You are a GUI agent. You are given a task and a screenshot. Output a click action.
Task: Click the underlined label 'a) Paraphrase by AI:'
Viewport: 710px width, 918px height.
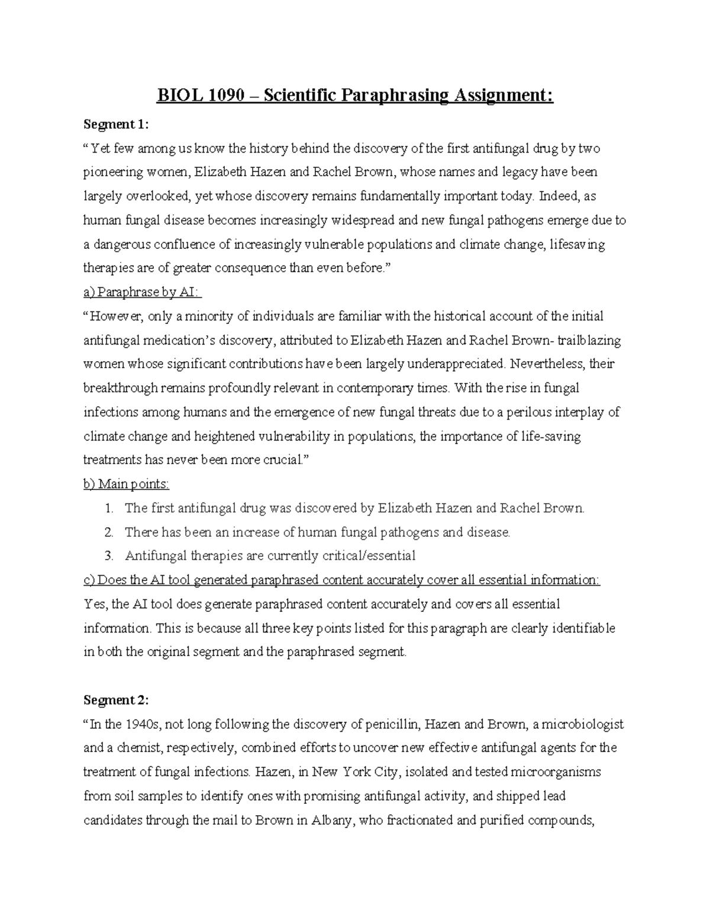143,292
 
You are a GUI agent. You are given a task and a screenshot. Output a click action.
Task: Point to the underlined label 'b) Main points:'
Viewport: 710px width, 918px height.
127,484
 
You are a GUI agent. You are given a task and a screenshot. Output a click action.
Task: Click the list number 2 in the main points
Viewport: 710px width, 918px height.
108,532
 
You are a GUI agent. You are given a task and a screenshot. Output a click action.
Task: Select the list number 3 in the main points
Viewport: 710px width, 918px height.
108,556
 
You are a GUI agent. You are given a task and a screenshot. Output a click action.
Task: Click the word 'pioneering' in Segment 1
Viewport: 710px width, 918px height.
113,173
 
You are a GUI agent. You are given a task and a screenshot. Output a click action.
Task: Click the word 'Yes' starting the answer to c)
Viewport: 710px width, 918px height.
94,604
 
